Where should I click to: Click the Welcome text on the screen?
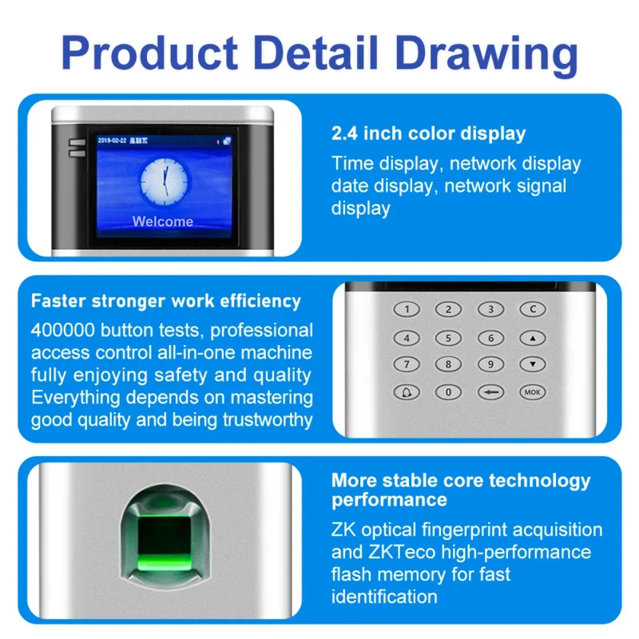pyautogui.click(x=162, y=221)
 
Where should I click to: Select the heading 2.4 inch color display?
pyautogui.click(x=428, y=133)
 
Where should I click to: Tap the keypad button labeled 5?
pyautogui.click(x=448, y=338)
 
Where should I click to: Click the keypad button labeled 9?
pyautogui.click(x=490, y=365)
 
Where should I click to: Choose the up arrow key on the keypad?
pyautogui.click(x=532, y=338)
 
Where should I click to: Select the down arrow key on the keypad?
pyautogui.click(x=532, y=365)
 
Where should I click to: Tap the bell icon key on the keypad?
pyautogui.click(x=407, y=392)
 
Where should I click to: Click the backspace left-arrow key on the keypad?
pyautogui.click(x=490, y=392)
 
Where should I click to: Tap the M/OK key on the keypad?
pyautogui.click(x=532, y=392)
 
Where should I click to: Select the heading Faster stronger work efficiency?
pyautogui.click(x=166, y=301)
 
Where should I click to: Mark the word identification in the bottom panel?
pyautogui.click(x=384, y=596)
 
